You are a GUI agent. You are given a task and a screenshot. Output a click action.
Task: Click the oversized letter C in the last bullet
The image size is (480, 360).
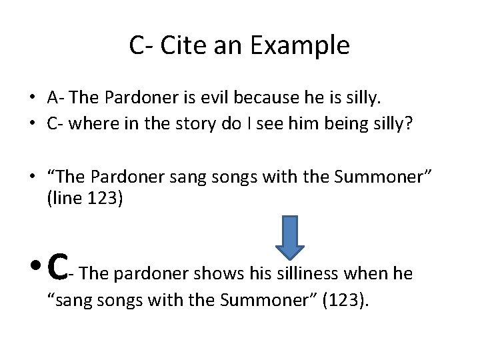pos(59,265)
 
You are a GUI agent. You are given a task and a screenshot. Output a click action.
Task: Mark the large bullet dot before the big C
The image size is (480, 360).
pos(35,269)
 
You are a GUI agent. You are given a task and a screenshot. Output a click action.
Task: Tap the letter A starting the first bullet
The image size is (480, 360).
pos(53,98)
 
